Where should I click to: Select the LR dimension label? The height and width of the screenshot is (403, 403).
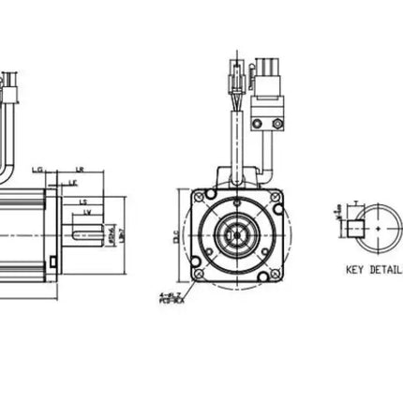tap(80, 170)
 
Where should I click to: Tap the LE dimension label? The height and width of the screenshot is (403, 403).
tap(73, 184)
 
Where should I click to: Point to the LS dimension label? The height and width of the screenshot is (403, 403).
tap(83, 201)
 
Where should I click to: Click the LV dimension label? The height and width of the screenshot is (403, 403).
tap(87, 213)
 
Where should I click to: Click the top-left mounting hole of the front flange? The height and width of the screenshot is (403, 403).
tap(199, 198)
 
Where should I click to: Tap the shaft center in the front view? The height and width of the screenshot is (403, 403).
tap(234, 234)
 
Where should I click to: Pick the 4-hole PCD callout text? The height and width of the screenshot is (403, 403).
tap(172, 299)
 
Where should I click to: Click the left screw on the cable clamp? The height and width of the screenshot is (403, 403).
tap(257, 124)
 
